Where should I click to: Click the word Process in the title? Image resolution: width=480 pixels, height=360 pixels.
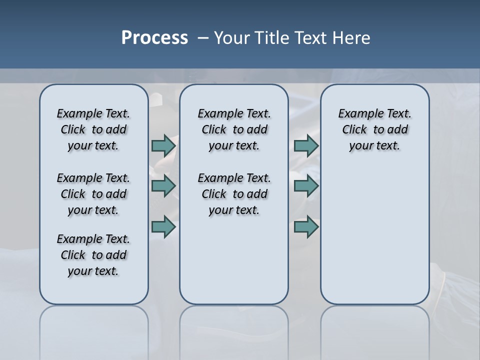click(x=154, y=38)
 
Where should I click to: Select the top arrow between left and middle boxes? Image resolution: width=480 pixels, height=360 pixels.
click(x=163, y=145)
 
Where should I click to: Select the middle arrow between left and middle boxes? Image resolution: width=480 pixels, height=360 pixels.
click(x=163, y=186)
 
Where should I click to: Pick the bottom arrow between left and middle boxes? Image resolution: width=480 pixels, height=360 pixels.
click(x=163, y=227)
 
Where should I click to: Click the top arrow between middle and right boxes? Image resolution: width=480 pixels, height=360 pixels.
click(x=306, y=145)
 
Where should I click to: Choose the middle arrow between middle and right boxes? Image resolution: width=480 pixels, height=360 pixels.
click(x=306, y=186)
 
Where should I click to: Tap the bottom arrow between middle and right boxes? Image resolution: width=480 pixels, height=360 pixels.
click(x=306, y=227)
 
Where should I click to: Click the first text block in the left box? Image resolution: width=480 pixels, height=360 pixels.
click(x=93, y=129)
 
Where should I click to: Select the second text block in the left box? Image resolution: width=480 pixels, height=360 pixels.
click(x=93, y=194)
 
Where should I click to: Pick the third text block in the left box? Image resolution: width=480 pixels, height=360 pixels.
click(x=93, y=255)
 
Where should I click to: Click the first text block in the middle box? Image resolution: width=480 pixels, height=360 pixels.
click(x=234, y=129)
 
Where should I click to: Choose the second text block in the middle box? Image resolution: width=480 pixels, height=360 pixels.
click(x=234, y=194)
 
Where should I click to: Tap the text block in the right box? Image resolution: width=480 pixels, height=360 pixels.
click(x=375, y=129)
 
